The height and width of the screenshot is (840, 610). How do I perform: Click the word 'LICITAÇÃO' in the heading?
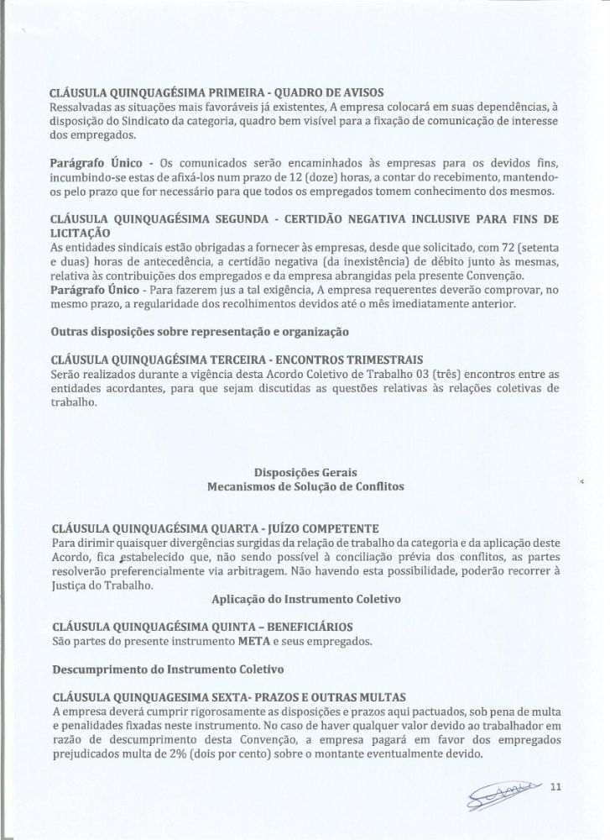tap(81, 232)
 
